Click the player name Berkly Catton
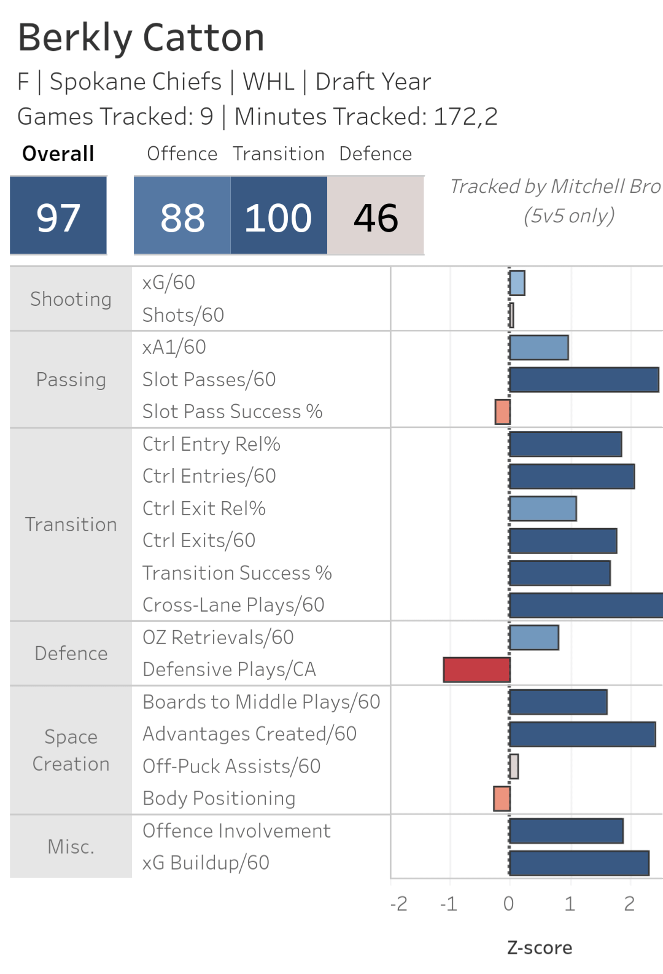tap(141, 38)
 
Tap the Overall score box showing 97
tap(58, 216)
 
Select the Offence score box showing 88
tap(182, 216)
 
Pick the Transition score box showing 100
tap(279, 216)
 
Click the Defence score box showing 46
tap(376, 216)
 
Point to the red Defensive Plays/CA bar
tap(476, 669)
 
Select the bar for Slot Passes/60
tap(584, 380)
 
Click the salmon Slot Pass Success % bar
tap(502, 411)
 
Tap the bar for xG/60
tap(517, 283)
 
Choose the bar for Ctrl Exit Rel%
tap(543, 508)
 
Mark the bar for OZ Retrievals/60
tap(534, 637)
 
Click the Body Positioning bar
tap(502, 798)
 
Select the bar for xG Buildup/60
tap(579, 863)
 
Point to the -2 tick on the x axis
tap(399, 903)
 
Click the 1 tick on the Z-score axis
tap(570, 903)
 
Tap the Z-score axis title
tap(540, 948)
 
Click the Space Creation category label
tap(71, 750)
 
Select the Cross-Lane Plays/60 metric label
tap(233, 605)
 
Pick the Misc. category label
tap(71, 847)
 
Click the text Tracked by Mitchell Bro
tap(555, 186)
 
